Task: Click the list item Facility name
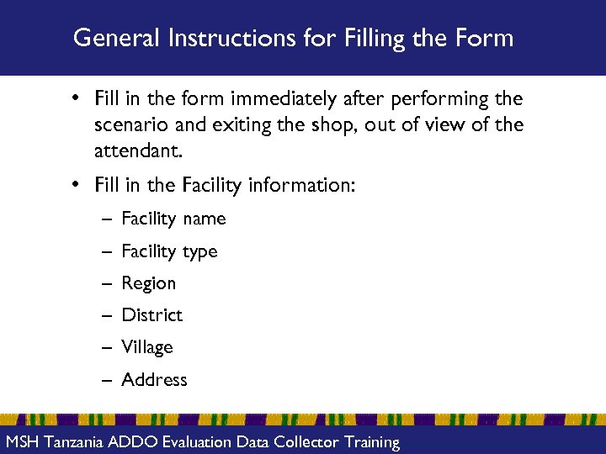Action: tap(173, 219)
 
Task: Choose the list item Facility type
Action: tap(169, 251)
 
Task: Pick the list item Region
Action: tap(149, 283)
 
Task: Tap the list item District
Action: tap(151, 315)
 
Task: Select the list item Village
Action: tap(147, 347)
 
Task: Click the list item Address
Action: tap(154, 380)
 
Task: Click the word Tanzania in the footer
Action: tap(76, 442)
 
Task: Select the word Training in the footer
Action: tap(366, 442)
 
